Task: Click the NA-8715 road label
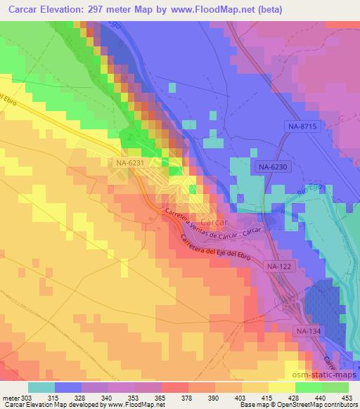pyautogui.click(x=303, y=125)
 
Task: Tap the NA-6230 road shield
pyautogui.click(x=272, y=167)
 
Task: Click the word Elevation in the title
pyautogui.click(x=70, y=10)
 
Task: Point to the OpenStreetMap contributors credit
pyautogui.click(x=321, y=405)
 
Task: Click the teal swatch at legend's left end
pyautogui.click(x=41, y=387)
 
